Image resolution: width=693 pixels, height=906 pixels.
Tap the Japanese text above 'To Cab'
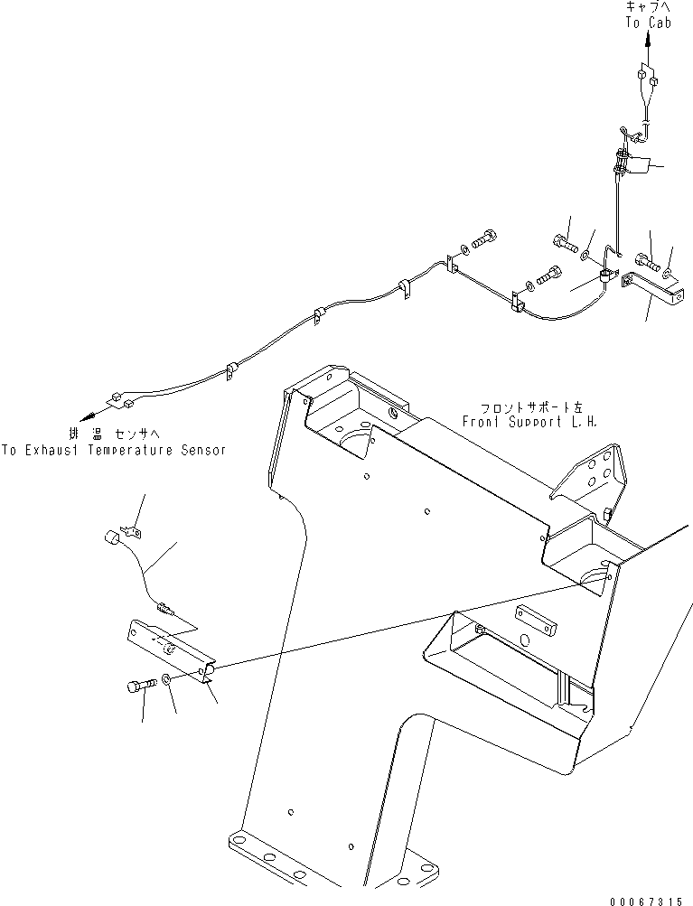tap(649, 7)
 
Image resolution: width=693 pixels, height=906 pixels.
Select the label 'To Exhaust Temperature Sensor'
tap(113, 449)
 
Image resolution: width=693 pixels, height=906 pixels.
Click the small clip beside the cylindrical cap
tap(134, 534)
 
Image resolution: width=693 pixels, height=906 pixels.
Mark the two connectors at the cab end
tap(648, 81)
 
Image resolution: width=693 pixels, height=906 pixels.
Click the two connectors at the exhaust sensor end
tap(124, 399)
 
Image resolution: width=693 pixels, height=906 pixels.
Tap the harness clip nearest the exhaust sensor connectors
tap(231, 369)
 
